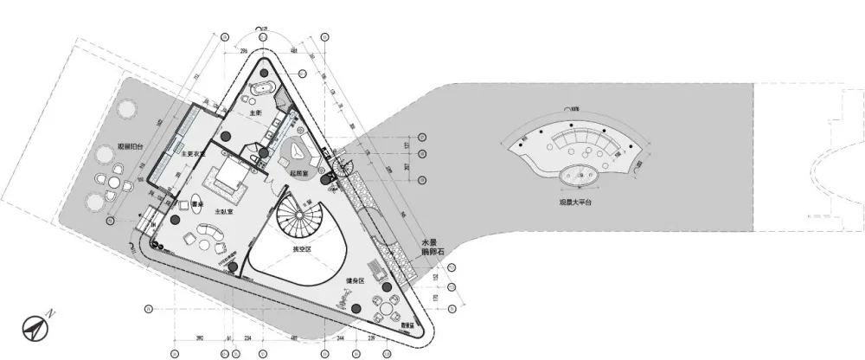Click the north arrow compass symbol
[35, 325]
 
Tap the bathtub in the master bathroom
[261, 89]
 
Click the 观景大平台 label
[576, 204]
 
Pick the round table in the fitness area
[381, 305]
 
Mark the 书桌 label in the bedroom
[197, 205]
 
